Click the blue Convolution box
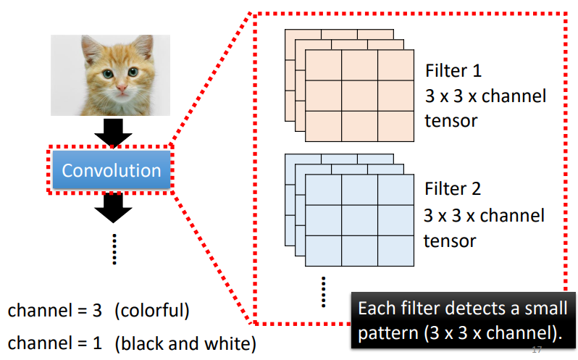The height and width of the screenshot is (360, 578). tap(111, 171)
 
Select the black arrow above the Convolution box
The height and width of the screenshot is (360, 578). tap(113, 130)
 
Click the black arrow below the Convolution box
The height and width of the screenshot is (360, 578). tap(113, 207)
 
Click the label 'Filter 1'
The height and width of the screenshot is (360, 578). tap(454, 72)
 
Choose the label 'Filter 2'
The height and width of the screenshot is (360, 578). tap(454, 191)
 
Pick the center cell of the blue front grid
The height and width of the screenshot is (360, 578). tap(359, 220)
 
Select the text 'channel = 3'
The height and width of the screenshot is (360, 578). tap(56, 311)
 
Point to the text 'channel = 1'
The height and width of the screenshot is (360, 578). tap(56, 343)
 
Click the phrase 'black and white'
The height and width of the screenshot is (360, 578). tap(185, 343)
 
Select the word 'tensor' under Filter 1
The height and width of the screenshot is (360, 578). tap(451, 120)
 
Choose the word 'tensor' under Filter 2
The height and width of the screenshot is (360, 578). tap(451, 240)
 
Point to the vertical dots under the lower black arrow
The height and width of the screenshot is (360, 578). tap(114, 250)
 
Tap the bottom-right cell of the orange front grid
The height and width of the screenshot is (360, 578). tap(395, 125)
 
